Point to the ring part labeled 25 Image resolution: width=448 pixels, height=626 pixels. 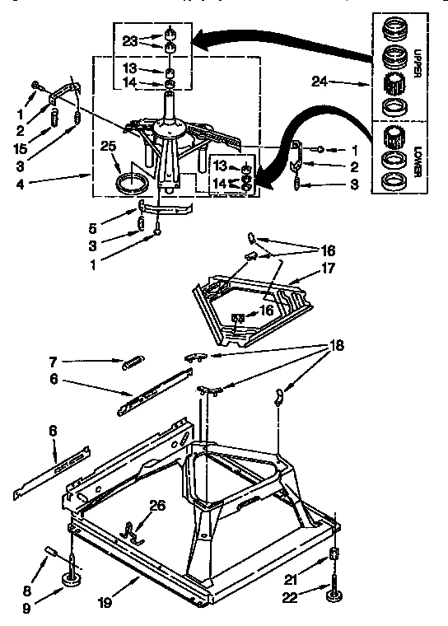pos(130,182)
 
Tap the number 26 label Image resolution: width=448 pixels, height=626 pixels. pos(158,506)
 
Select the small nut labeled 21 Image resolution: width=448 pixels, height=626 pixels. pos(334,553)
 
